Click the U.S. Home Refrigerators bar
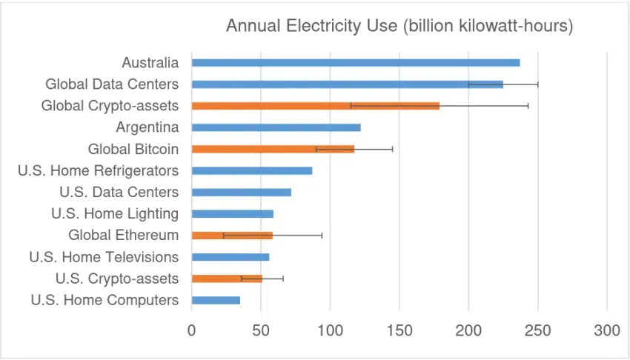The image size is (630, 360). pyautogui.click(x=252, y=170)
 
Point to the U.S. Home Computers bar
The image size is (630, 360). pyautogui.click(x=216, y=300)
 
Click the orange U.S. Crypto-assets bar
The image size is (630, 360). pyautogui.click(x=227, y=279)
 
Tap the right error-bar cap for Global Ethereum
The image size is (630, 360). pyautogui.click(x=322, y=236)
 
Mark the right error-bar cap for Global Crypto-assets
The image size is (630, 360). pyautogui.click(x=528, y=106)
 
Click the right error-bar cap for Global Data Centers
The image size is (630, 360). pyautogui.click(x=537, y=84)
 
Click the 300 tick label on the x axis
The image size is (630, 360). pyautogui.click(x=606, y=330)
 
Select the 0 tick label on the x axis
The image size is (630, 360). pyautogui.click(x=192, y=330)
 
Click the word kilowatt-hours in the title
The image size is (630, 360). pyautogui.click(x=512, y=26)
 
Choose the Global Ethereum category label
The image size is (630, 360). pyautogui.click(x=123, y=235)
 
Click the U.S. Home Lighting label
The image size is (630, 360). pyautogui.click(x=115, y=213)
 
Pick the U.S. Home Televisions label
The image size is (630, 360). pyautogui.click(x=104, y=257)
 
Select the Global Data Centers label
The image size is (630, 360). pyautogui.click(x=112, y=84)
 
